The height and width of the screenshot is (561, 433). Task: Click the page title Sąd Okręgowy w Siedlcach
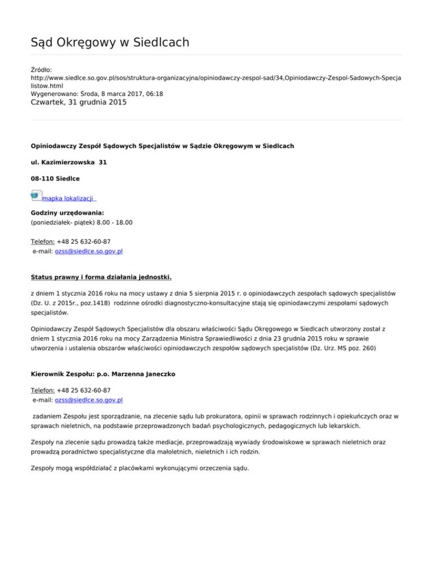[109, 42]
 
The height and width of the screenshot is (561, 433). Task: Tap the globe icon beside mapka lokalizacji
[35, 195]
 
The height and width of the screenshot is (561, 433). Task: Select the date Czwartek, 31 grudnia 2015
[78, 103]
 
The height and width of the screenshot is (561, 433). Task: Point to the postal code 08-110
[42, 178]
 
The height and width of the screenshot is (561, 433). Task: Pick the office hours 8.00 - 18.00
[115, 223]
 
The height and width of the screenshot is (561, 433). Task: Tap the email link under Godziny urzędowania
[89, 251]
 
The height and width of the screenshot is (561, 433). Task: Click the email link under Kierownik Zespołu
[89, 400]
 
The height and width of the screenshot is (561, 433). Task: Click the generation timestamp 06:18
[154, 94]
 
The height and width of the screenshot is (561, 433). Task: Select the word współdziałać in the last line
[92, 468]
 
